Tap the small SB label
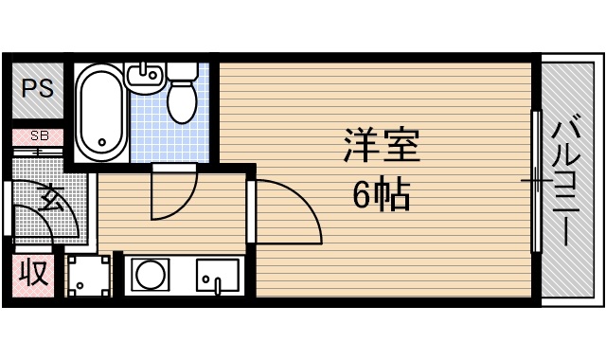point(39,135)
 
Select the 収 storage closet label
point(34,274)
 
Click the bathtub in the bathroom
point(99,113)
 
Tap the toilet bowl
point(182,100)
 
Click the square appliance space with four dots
point(89,276)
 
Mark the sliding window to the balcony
point(536,180)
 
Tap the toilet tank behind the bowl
point(184,72)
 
